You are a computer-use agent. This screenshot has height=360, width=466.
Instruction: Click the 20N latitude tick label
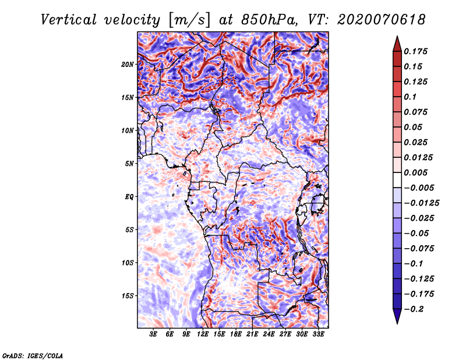(x=128, y=65)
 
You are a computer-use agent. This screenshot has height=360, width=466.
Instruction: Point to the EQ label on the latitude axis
(x=129, y=197)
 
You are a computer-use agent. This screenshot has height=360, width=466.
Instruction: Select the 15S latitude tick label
(x=128, y=296)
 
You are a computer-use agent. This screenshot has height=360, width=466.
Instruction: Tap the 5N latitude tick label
(x=129, y=164)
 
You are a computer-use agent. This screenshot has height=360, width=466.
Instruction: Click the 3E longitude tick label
(x=153, y=334)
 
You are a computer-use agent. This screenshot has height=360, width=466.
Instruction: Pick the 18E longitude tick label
(x=236, y=334)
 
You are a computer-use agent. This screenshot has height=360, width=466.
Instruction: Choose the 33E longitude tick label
(x=318, y=334)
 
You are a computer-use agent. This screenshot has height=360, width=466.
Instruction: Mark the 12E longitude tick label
(x=203, y=334)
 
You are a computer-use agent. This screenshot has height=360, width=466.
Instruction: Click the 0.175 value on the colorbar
(x=415, y=51)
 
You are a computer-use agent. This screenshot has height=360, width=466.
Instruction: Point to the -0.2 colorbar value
(x=414, y=309)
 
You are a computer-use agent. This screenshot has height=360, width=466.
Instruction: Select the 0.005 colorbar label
(x=415, y=172)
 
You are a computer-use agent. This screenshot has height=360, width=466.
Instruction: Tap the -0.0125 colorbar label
(x=421, y=203)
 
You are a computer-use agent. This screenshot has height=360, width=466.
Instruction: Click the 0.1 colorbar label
(x=410, y=97)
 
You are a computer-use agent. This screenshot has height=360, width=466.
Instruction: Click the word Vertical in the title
(x=69, y=20)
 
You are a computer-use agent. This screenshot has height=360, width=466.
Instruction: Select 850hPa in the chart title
(x=269, y=20)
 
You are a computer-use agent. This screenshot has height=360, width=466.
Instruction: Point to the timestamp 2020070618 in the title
(x=382, y=20)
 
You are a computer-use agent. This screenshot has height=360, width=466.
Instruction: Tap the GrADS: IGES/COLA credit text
(x=33, y=356)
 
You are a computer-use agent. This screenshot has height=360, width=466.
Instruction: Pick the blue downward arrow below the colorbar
(x=397, y=316)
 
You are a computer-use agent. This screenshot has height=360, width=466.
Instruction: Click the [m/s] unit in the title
(x=189, y=20)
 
